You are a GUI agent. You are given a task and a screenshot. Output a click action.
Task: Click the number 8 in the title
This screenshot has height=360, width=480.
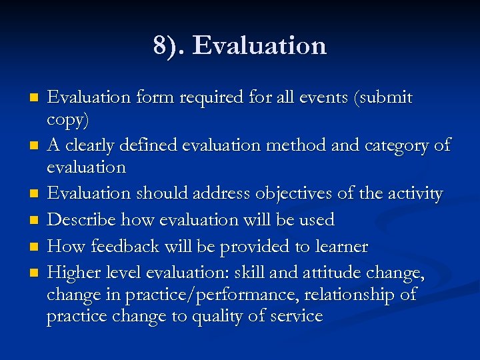pos(160,46)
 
